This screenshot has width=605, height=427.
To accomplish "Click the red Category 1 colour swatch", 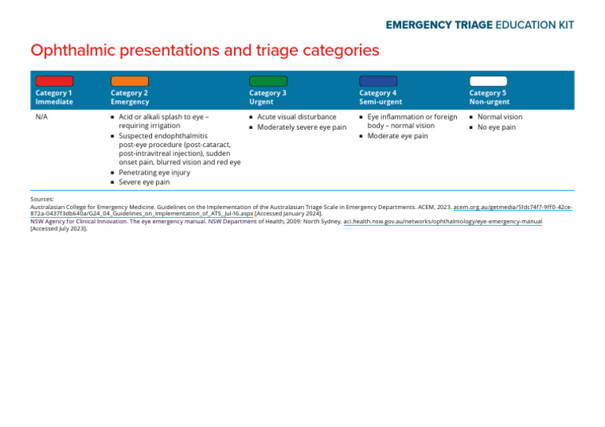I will (x=54, y=81).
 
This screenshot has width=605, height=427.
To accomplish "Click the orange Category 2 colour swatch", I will (x=129, y=81).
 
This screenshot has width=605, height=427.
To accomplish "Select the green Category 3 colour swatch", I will (x=268, y=81).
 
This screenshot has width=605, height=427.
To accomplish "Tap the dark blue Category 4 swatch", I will (x=378, y=81).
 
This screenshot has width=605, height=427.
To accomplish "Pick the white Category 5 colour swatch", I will (x=488, y=81).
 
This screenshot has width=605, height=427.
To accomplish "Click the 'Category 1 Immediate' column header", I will (x=54, y=98).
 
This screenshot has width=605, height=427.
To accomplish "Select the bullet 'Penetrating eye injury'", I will (x=154, y=172).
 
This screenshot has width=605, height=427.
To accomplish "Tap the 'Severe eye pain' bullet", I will (x=143, y=182).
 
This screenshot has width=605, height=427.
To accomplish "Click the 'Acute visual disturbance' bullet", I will (x=296, y=117).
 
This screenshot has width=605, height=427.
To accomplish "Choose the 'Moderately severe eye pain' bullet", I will (x=302, y=127).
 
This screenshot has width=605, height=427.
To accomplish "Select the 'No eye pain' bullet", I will (x=496, y=127).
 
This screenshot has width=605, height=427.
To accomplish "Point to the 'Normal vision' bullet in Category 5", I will (x=499, y=117).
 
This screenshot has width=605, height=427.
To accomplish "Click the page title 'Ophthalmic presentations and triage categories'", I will (x=205, y=51).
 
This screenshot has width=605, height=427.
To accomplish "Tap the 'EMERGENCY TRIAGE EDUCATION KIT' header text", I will (x=480, y=24).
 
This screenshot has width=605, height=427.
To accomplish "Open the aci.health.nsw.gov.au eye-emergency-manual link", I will (x=443, y=222).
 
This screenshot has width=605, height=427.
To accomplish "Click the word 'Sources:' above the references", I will (x=42, y=200).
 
